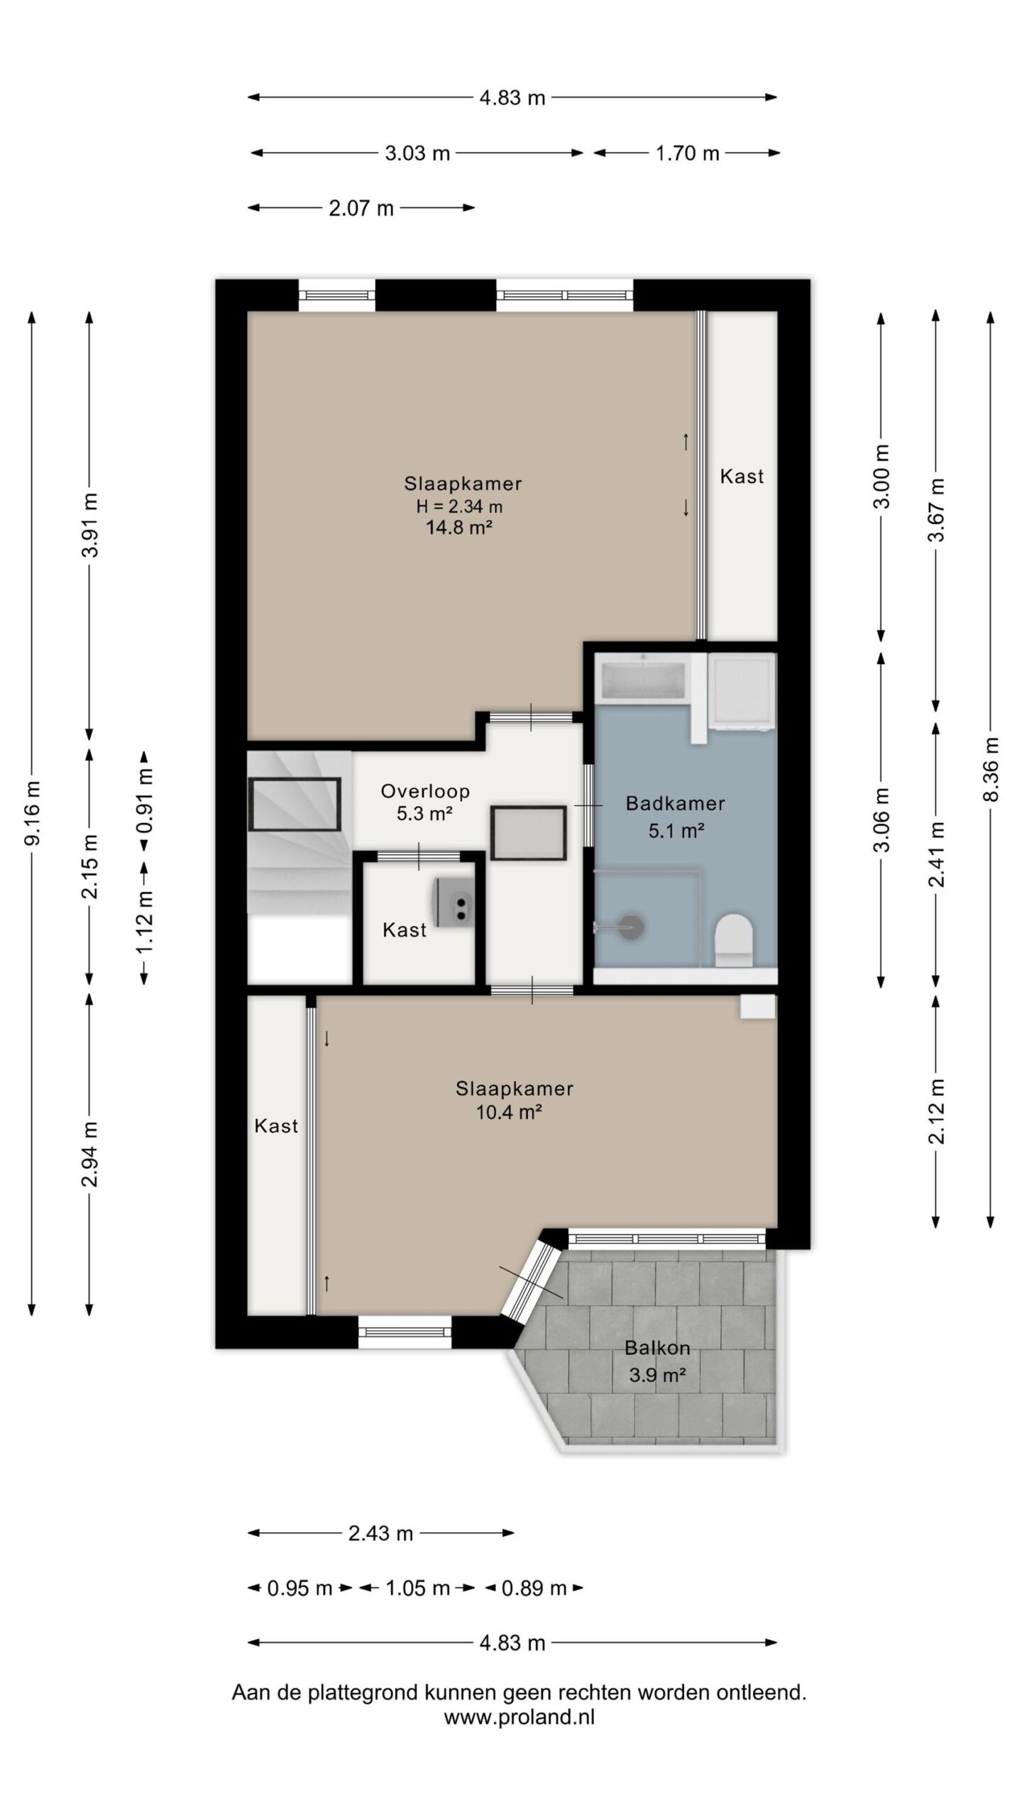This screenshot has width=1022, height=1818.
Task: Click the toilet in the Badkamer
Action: tap(733, 940)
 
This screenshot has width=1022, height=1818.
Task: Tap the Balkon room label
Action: tap(656, 1348)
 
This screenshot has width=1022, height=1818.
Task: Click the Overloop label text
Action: tap(425, 791)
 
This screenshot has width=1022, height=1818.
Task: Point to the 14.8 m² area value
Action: tap(459, 527)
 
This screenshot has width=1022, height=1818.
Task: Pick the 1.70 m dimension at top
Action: tap(687, 153)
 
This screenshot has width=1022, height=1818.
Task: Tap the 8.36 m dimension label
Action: tap(991, 770)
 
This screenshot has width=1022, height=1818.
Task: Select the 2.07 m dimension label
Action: tap(361, 209)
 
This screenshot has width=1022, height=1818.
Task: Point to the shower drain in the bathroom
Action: tap(630, 927)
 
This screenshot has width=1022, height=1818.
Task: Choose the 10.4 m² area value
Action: tap(509, 1112)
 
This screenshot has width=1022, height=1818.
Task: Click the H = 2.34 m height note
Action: tap(459, 506)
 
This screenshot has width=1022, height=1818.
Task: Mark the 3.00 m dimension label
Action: tap(881, 477)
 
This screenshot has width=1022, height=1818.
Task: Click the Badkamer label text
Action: tap(675, 804)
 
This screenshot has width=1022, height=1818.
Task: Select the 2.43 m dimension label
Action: tap(380, 1533)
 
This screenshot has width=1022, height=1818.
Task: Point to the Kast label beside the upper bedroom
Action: tap(742, 477)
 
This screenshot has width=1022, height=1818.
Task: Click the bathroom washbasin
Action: tap(643, 680)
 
